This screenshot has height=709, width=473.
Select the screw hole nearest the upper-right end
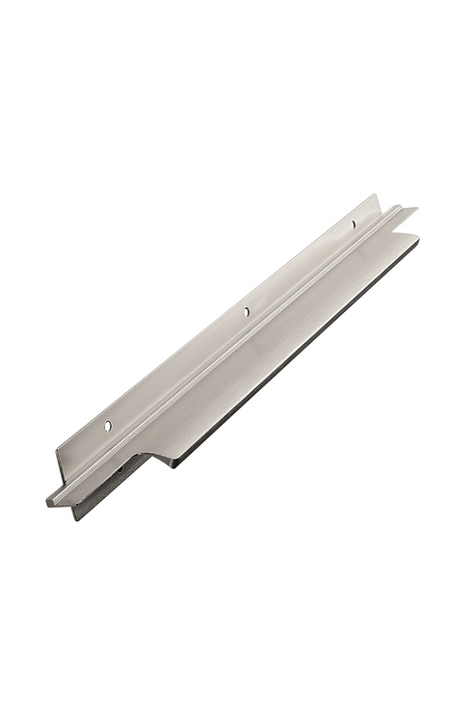[x=353, y=224]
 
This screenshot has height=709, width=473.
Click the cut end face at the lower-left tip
[x=53, y=501]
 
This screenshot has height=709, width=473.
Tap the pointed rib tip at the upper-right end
[x=415, y=209]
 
